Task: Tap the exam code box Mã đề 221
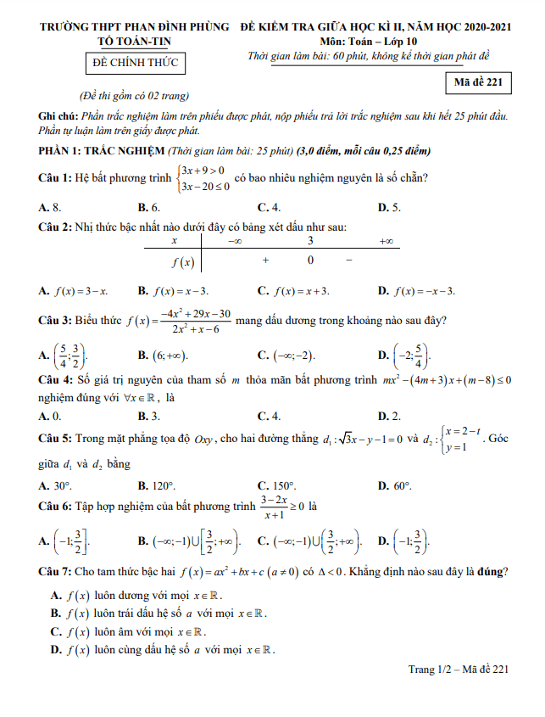tap(478, 81)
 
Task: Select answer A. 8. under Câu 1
tap(50, 207)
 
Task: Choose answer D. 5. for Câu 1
tap(389, 207)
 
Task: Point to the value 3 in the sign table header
tap(310, 243)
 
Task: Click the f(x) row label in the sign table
tap(182, 261)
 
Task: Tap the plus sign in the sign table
tap(265, 260)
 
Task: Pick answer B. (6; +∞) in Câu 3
tap(163, 354)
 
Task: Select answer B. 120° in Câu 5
tap(157, 485)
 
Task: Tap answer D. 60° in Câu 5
tap(394, 485)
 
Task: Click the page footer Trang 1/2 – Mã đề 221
tap(458, 669)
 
